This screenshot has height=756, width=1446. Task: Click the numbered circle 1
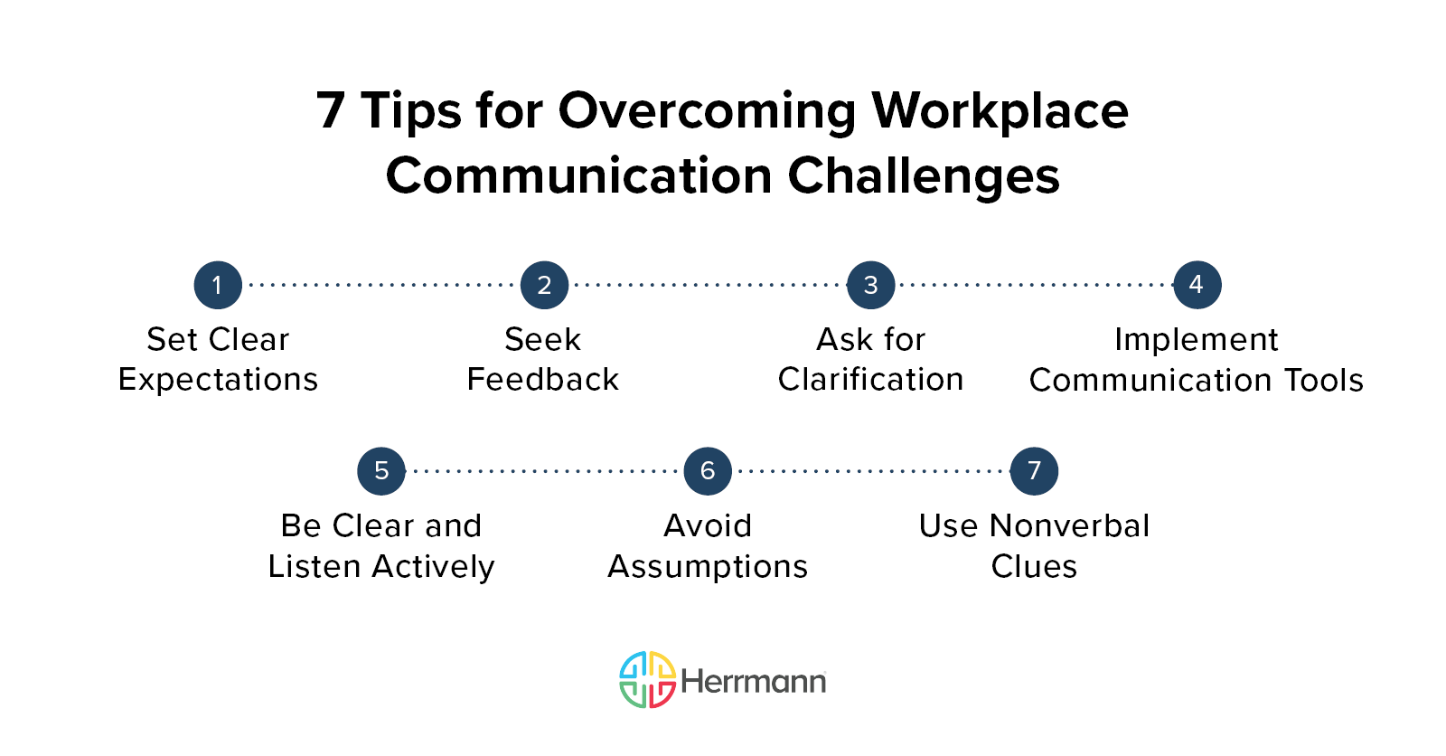coord(218,285)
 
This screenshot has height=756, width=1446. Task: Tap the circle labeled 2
coord(544,285)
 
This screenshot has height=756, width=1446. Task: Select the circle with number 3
coord(870,285)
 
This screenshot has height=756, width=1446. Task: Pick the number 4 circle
coord(1197,285)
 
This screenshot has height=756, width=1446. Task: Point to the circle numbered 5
coord(381,471)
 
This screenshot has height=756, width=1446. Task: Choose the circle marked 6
coord(708,471)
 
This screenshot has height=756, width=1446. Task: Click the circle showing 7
coord(1034,471)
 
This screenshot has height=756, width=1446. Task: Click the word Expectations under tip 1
coord(218,380)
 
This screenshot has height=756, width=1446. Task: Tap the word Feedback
coord(543,380)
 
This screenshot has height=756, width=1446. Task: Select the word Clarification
coord(870,380)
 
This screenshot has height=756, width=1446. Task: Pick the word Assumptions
coord(708,567)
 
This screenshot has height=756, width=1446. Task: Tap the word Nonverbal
coord(1069,525)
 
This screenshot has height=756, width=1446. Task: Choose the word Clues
coord(1034,567)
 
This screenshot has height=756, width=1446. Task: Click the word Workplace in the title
coord(1000,111)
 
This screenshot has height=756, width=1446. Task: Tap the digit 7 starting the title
coord(331,111)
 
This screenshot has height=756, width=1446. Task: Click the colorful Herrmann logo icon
coord(647,679)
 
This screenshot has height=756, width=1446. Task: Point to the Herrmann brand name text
coord(753,681)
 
